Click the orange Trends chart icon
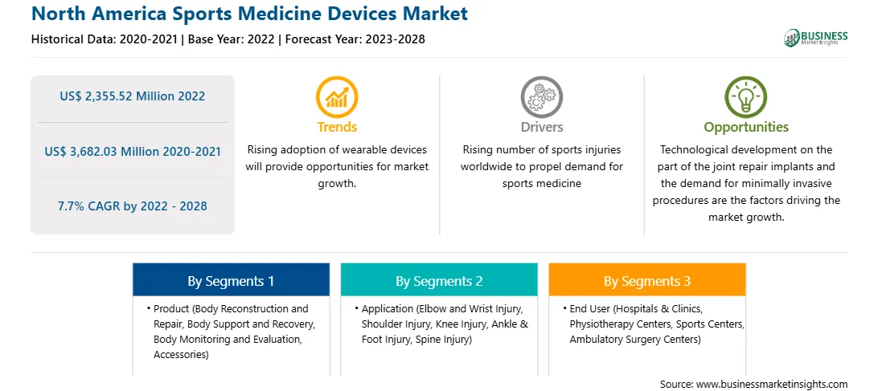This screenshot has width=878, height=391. (337, 97)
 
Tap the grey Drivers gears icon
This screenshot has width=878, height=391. (541, 97)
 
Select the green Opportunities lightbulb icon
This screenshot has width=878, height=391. (746, 97)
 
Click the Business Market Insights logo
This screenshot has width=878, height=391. (816, 38)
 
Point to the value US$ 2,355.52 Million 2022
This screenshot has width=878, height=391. (133, 96)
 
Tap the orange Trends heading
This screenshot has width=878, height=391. (337, 127)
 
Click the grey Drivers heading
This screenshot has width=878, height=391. (541, 127)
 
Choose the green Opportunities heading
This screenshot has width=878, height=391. (746, 127)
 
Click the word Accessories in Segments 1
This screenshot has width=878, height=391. (181, 355)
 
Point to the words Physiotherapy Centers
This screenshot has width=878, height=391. (621, 324)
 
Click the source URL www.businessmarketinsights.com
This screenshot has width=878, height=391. (770, 384)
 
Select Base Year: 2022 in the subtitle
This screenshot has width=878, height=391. (232, 39)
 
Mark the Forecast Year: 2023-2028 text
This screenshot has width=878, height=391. (355, 39)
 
